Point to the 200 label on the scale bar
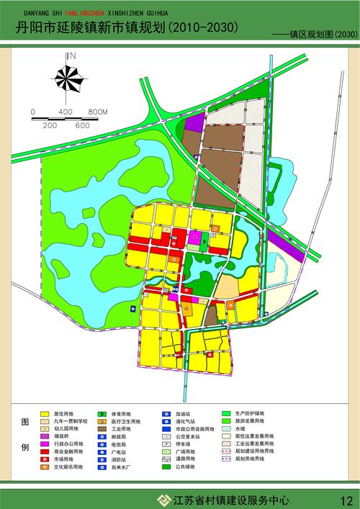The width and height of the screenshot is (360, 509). [50, 125]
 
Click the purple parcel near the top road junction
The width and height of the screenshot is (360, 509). [193, 123]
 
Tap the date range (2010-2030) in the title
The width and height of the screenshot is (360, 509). [208, 27]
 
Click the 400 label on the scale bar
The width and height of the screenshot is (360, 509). [66, 112]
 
